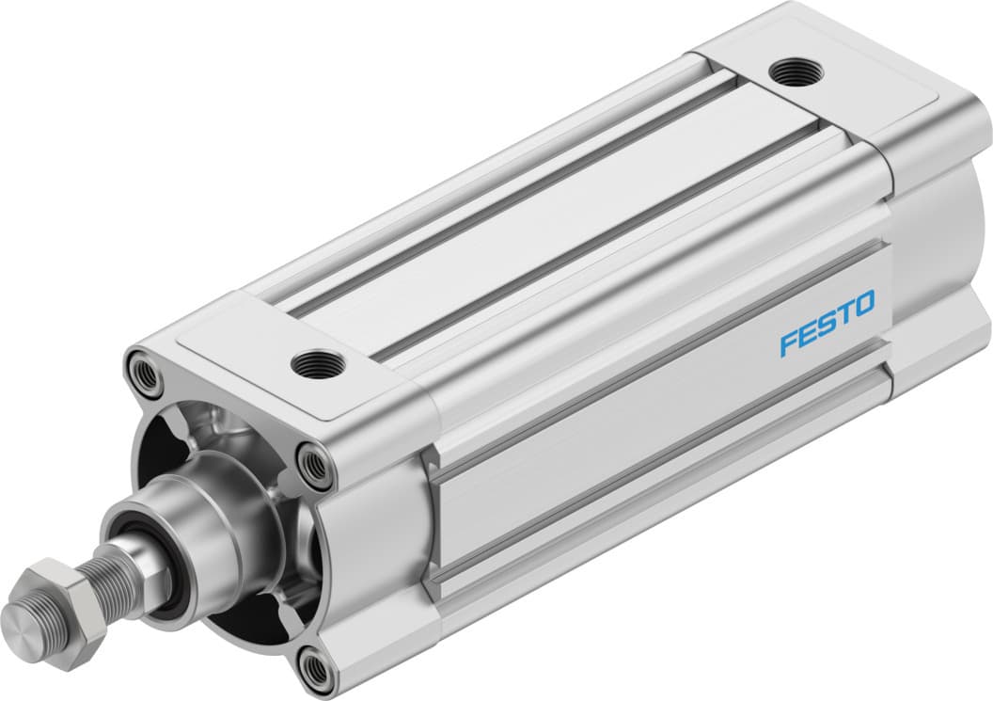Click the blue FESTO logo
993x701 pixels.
pos(827,323)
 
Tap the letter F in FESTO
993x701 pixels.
pos(788,343)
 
